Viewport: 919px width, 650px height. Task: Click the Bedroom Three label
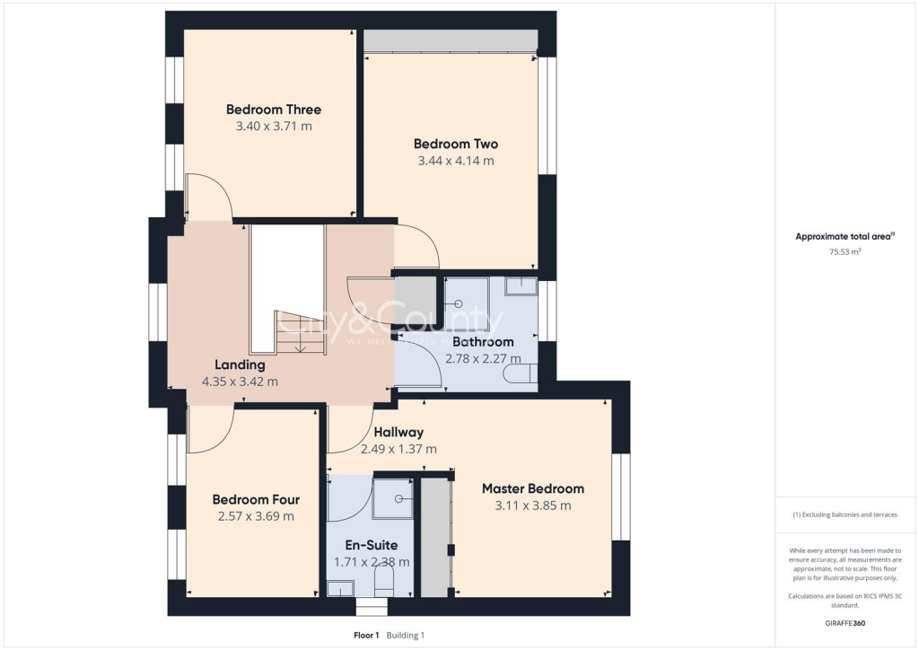(x=273, y=110)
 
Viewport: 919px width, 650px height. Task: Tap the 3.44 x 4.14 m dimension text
(x=456, y=161)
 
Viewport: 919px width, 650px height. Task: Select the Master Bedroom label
(x=532, y=488)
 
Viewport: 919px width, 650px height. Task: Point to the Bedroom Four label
(x=256, y=499)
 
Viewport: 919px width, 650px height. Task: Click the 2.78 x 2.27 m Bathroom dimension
(x=483, y=358)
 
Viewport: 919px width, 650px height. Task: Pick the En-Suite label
(x=372, y=545)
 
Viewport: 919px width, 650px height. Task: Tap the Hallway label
(x=398, y=432)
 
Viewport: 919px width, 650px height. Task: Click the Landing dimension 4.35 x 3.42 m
(x=240, y=381)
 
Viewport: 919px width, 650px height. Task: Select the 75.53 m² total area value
(x=844, y=252)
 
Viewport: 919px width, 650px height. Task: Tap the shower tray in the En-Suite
(x=393, y=497)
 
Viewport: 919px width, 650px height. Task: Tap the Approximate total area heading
(x=844, y=237)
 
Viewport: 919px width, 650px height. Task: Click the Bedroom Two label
(x=456, y=144)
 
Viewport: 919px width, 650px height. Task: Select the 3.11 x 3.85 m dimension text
(x=532, y=505)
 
